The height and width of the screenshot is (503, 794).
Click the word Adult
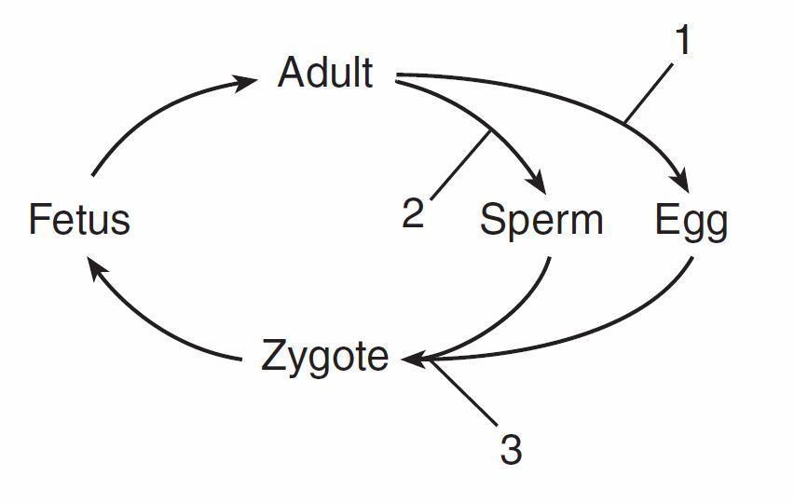pos(325,73)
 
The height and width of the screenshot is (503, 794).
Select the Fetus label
pos(79,220)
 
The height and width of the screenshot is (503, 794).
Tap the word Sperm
pos(541,221)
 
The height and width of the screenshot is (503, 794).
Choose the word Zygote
pos(325,358)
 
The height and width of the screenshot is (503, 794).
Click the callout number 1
pos(682,41)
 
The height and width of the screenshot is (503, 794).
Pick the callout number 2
pos(413,213)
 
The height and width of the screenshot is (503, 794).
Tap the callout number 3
pos(511,450)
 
